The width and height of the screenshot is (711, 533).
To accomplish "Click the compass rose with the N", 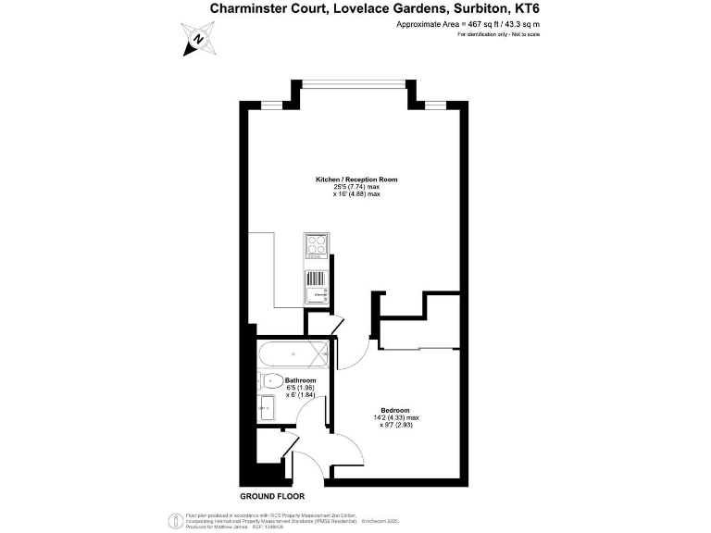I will [199, 40].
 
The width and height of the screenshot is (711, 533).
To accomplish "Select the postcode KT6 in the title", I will [522, 8].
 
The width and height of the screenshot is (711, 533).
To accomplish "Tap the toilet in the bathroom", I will [270, 379].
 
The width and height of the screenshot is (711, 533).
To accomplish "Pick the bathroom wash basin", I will [266, 406].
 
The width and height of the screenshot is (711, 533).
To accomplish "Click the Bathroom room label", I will [301, 380].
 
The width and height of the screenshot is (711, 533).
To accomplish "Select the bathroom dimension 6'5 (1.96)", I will [301, 388].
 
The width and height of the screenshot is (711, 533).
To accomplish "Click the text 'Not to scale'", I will [524, 34].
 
